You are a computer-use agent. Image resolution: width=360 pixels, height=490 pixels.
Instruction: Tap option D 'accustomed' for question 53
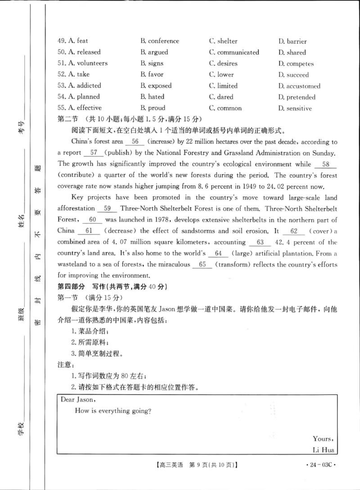[x=299, y=86]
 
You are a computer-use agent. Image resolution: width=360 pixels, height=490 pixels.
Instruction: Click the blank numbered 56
[x=135, y=142]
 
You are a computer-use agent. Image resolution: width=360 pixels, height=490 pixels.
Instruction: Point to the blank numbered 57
[x=94, y=152]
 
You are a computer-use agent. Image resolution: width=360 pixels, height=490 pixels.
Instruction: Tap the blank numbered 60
[x=93, y=219]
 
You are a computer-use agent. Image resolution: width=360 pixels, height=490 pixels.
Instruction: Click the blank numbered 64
[x=219, y=253]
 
